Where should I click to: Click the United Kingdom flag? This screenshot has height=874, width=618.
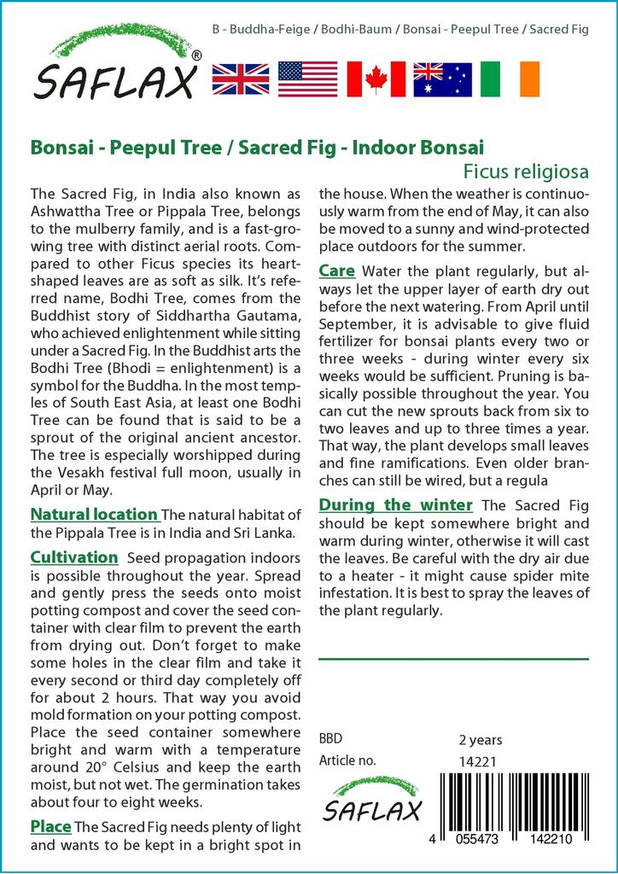[x=241, y=79]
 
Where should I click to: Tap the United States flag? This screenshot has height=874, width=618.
[x=308, y=79]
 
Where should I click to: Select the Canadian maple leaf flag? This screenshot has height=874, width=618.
[x=376, y=79]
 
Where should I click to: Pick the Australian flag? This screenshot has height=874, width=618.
[x=442, y=79]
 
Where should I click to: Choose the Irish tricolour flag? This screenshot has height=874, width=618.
[x=510, y=79]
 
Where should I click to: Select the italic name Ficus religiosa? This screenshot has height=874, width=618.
[x=526, y=171]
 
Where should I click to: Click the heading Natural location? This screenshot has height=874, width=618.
[x=94, y=515]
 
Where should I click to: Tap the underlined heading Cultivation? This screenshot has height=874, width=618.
[x=73, y=557]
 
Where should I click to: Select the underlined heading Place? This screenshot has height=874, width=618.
[x=50, y=826]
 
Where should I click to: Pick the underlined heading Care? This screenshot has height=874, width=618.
[x=336, y=271]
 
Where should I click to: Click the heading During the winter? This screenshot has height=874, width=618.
[x=395, y=504]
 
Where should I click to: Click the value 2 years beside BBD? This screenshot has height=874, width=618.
[x=481, y=739]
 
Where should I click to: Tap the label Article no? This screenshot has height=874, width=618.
[x=347, y=760]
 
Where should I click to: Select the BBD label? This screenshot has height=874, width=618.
[x=330, y=739]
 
